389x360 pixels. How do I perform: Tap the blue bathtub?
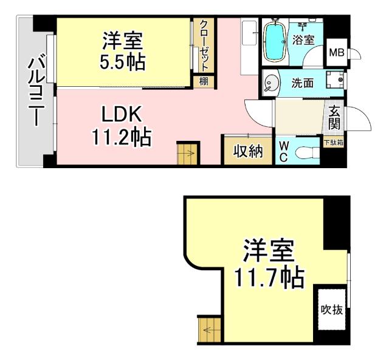coord(277,41)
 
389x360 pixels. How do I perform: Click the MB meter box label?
coord(336,53)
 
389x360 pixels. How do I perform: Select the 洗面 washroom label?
coord(302,83)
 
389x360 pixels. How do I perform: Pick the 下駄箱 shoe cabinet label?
coord(333,143)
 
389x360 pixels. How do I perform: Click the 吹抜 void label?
coord(332,310)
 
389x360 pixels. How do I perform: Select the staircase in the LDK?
coord(187,152)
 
